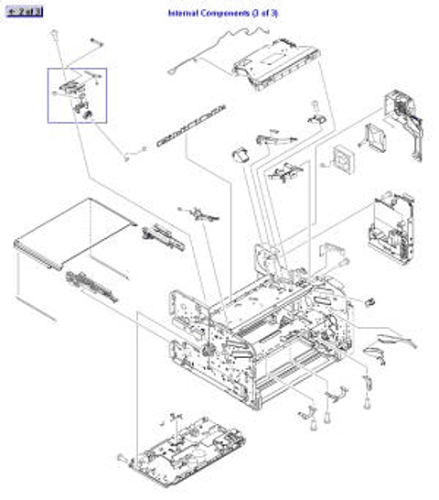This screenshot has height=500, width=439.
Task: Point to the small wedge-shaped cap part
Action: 242,155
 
